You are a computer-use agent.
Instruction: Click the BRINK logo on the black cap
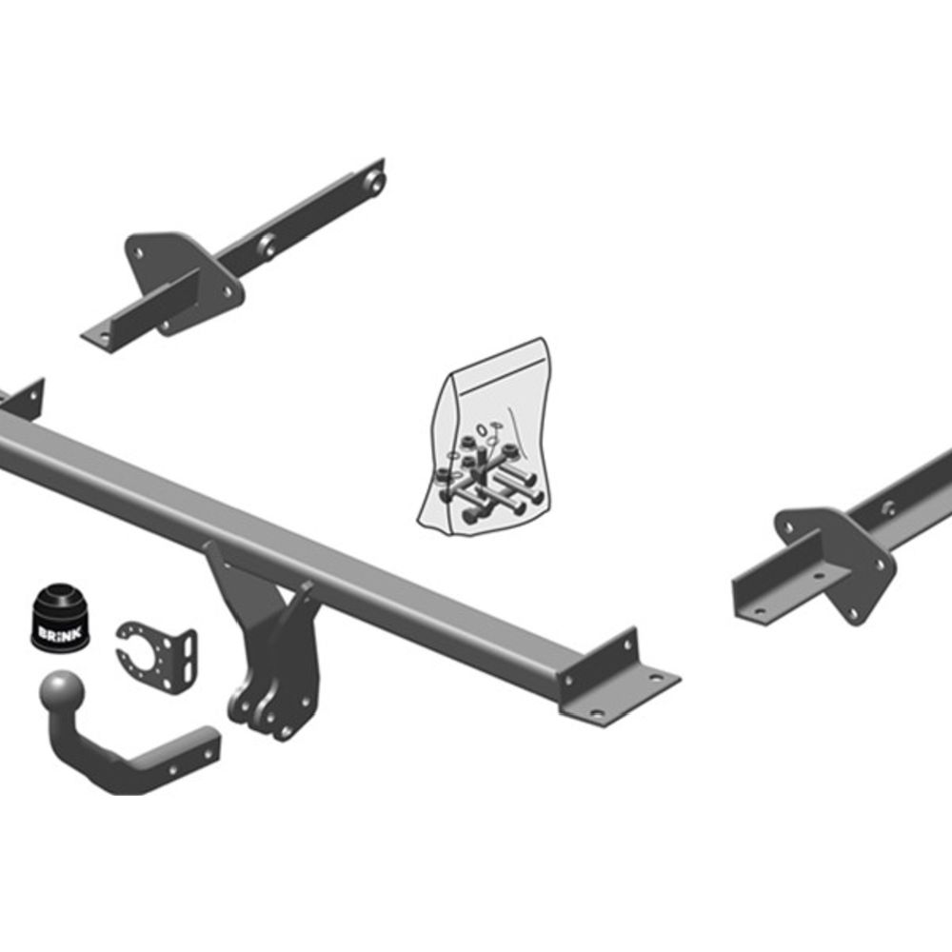click(59, 633)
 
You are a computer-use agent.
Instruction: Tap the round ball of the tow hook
click(61, 691)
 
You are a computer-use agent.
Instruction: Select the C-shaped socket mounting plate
click(156, 649)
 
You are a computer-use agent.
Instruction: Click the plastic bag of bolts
click(486, 438)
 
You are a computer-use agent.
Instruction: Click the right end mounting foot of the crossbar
click(620, 679)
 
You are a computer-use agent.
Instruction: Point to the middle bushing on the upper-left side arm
click(268, 245)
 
